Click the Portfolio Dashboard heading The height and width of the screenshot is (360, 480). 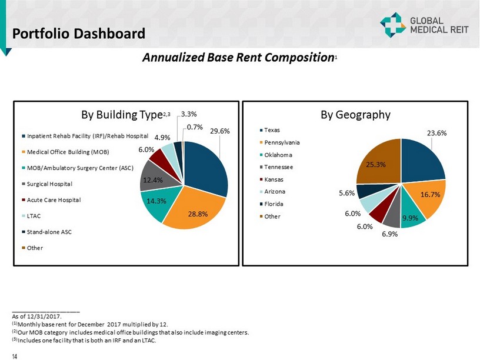pos(79,34)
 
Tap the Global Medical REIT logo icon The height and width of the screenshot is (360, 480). pos(392,25)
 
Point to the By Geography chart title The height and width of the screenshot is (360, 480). pos(355,115)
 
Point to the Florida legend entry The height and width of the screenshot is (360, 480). pos(274,204)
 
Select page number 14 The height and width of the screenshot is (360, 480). pos(15,354)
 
